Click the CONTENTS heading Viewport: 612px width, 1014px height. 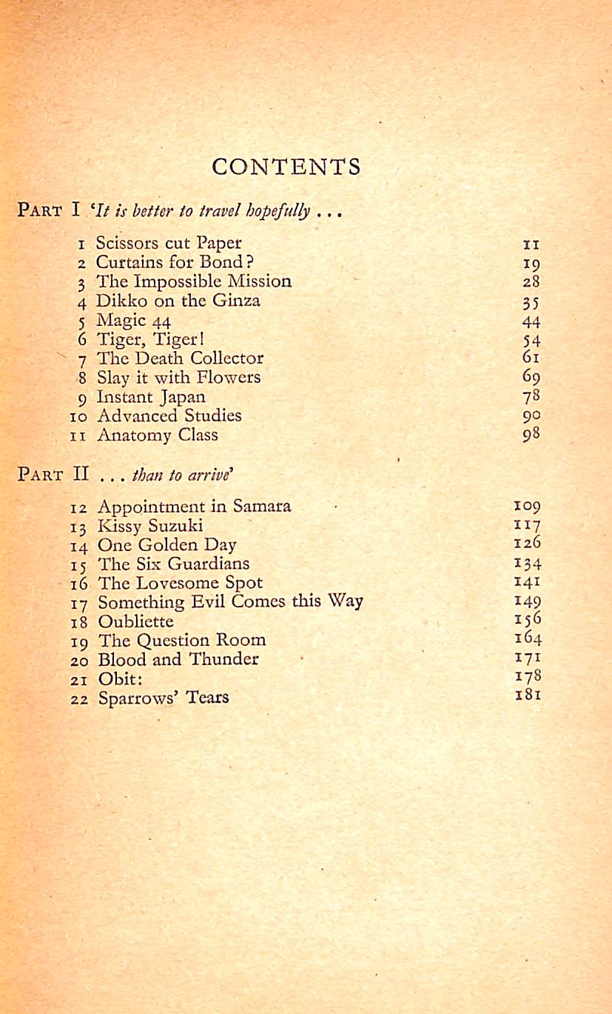[286, 167]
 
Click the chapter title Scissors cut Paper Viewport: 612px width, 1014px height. [169, 243]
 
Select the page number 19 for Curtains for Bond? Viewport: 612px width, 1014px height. [531, 263]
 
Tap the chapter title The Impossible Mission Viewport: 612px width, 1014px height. [194, 281]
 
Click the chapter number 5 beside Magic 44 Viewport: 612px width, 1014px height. [83, 321]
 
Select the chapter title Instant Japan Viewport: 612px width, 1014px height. [151, 397]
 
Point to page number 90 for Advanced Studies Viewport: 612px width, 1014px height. [531, 416]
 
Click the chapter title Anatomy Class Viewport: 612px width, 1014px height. [158, 435]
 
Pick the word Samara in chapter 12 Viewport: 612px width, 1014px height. [262, 507]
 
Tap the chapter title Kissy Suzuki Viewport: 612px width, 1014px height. [150, 526]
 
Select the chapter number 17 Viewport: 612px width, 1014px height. [79, 602]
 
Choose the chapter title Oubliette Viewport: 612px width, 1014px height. [135, 621]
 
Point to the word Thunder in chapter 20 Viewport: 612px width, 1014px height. [224, 659]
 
